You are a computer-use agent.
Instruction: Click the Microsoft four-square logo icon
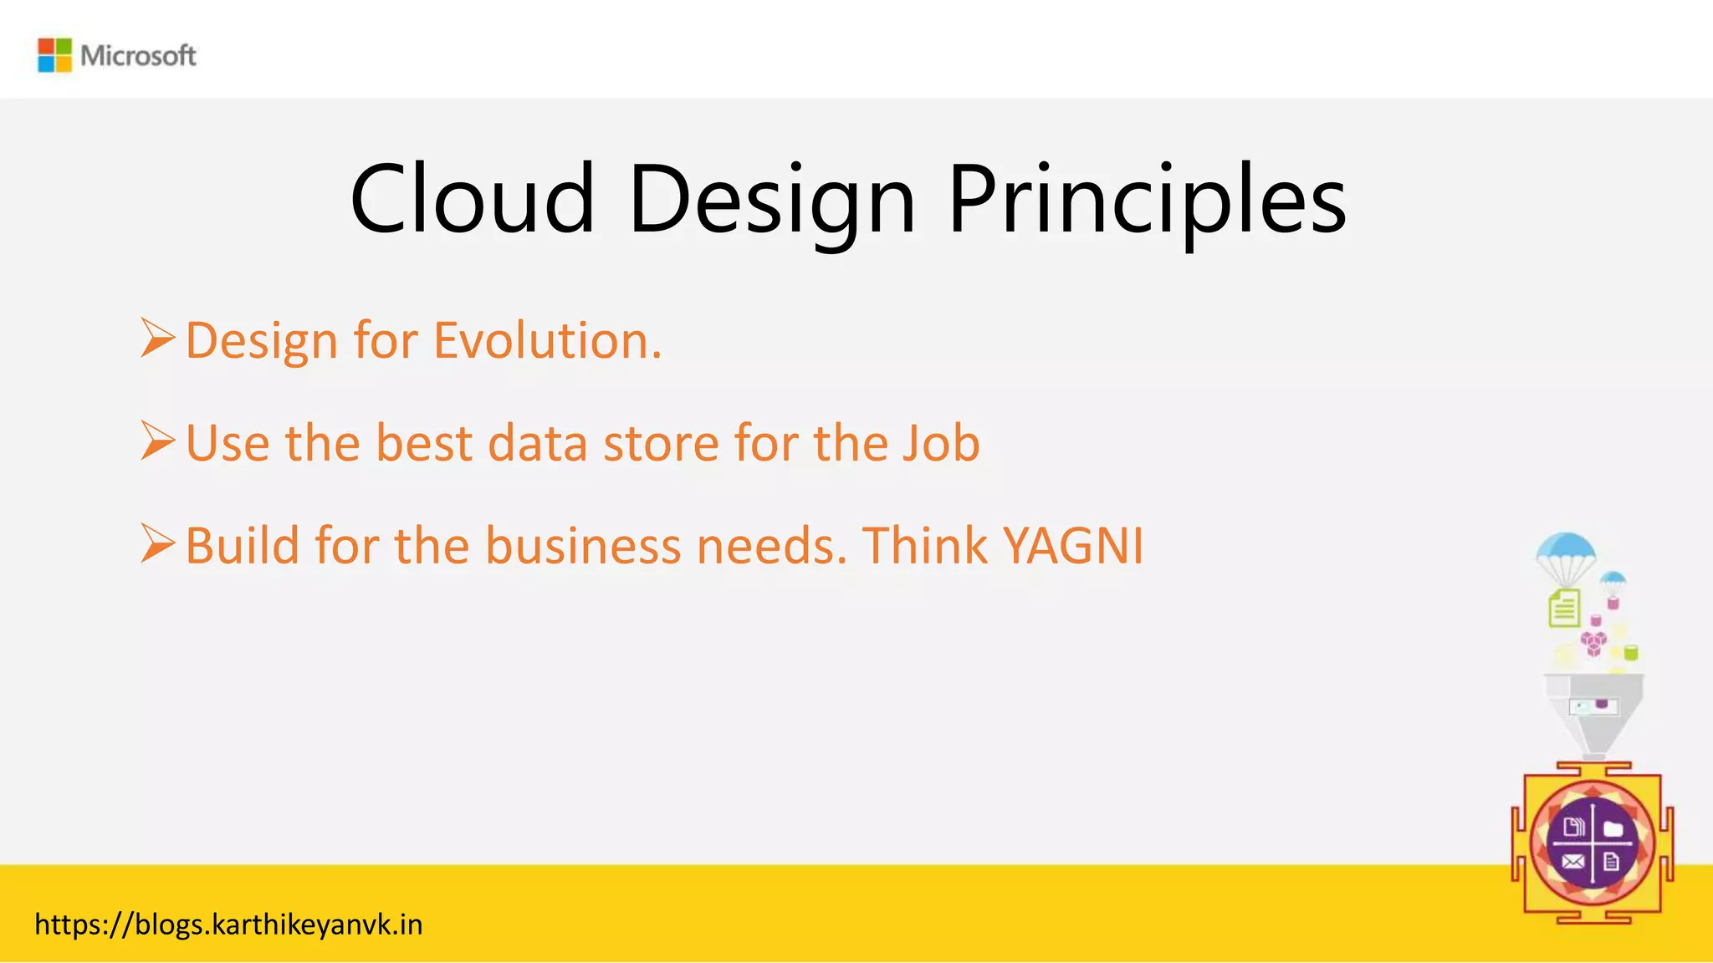(x=54, y=55)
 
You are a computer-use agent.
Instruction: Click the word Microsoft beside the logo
(x=138, y=56)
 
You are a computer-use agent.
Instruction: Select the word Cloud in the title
(x=472, y=199)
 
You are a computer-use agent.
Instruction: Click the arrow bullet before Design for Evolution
(x=157, y=338)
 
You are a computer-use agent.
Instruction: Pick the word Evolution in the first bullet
(x=547, y=341)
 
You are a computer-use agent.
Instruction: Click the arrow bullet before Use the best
(x=157, y=441)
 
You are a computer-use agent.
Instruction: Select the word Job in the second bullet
(x=940, y=443)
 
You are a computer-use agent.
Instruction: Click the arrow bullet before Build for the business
(x=157, y=543)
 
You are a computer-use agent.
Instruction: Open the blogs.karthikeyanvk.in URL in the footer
(x=228, y=925)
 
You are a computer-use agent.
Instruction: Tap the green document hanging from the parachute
(x=1564, y=608)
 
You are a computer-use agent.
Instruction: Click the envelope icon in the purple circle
(x=1572, y=862)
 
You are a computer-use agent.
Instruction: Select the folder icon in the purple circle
(x=1613, y=828)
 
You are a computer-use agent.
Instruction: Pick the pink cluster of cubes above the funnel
(x=1593, y=643)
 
